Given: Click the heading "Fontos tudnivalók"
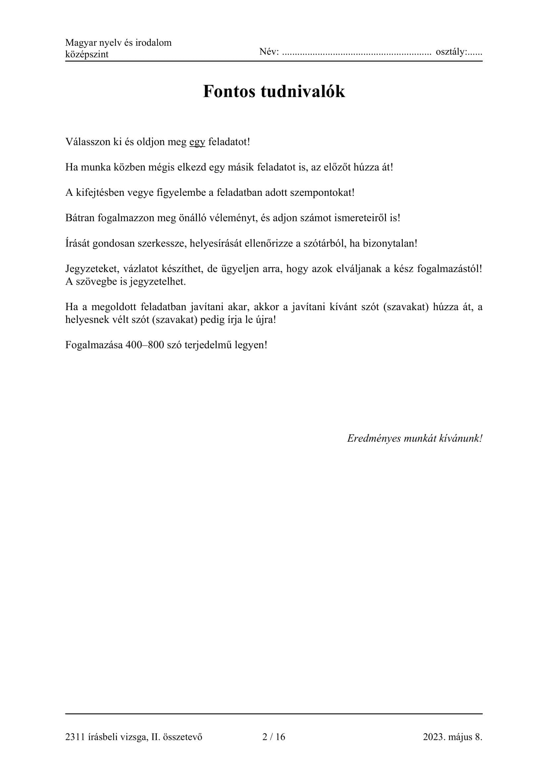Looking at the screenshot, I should click(x=274, y=91).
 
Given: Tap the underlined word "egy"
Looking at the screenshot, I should click(x=197, y=142).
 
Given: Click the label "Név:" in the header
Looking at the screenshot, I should click(x=269, y=52).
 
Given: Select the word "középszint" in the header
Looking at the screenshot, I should click(x=87, y=54).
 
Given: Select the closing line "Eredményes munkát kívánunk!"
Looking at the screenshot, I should click(x=414, y=438).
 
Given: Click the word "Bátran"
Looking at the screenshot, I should click(x=80, y=218).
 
